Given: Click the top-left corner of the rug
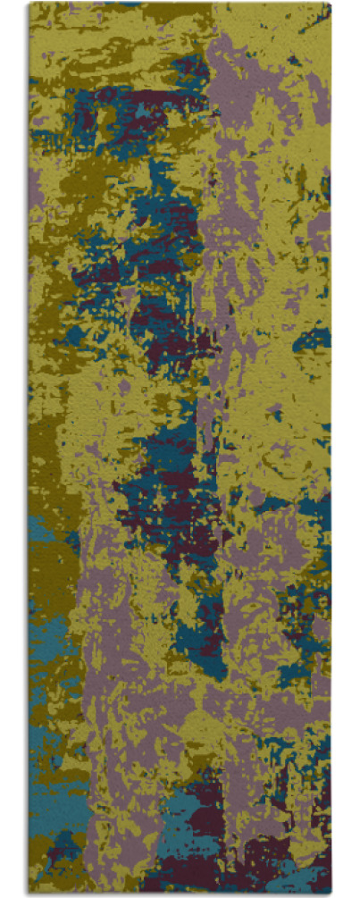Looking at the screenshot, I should tap(29, 4).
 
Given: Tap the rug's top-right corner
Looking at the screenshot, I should tap(331, 4).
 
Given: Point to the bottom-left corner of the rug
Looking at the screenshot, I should tap(29, 894).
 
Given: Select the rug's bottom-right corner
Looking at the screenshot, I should tap(331, 894).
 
